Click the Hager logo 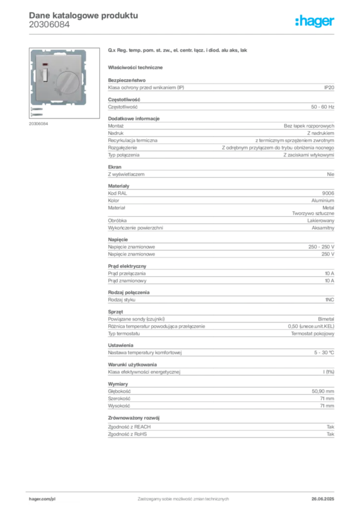314,21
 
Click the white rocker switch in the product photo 44,74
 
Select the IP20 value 329,87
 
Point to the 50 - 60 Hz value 322,107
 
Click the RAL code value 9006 328,193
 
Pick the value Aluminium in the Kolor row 323,201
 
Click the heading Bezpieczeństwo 127,80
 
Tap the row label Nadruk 115,133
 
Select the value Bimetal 326,319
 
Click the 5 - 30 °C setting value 324,352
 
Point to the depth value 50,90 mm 323,392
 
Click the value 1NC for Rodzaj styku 330,300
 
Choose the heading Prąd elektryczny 127,266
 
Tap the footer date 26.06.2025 323,499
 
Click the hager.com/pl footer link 42,499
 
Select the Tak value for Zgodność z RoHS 331,434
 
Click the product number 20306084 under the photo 38,124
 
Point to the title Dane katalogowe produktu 84,15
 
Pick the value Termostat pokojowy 312,334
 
